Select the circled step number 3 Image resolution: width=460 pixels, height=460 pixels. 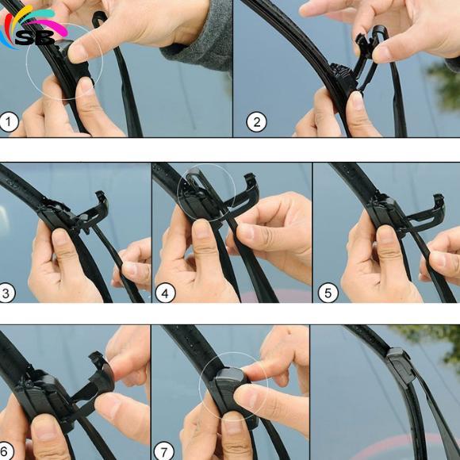click(x=7, y=293)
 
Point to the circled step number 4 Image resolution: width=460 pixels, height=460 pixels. click(x=165, y=293)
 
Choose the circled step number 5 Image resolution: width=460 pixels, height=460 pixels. click(x=328, y=293)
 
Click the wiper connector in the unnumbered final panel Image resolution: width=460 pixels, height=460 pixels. click(x=401, y=366)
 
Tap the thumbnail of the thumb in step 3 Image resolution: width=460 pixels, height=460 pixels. click(x=59, y=238)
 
